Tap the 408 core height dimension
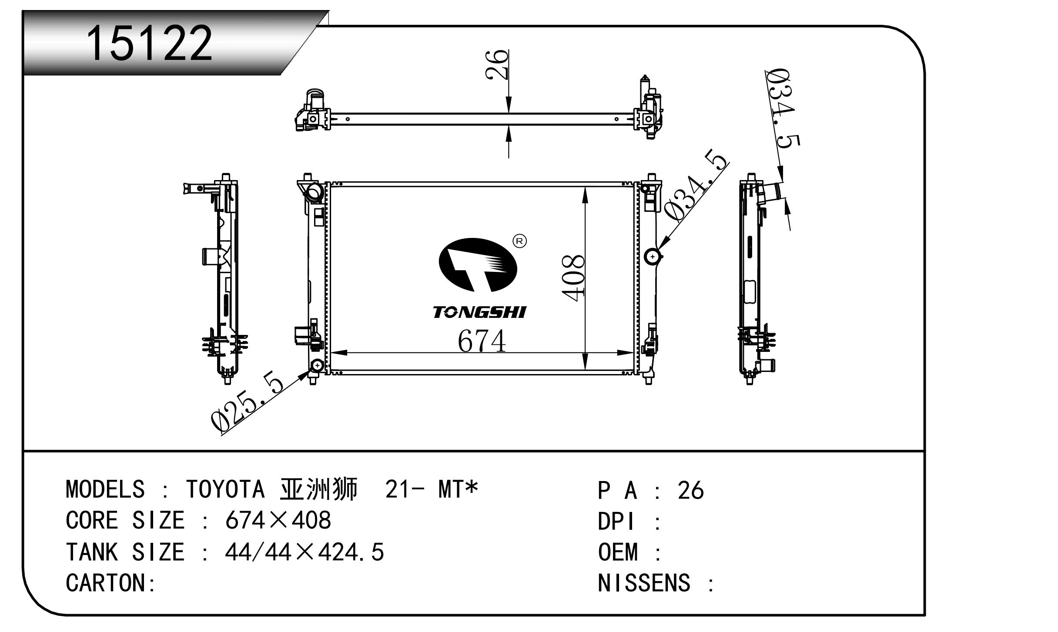pos(573,278)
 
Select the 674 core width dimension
pos(482,341)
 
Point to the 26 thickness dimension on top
pos(497,64)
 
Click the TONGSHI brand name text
pos(479,312)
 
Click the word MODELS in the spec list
pos(105,489)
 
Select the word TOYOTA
pos(225,489)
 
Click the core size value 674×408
pos(278,520)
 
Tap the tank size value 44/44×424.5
pos(305,552)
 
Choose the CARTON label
pos(110,583)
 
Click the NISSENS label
pos(644,583)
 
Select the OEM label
pos(618,552)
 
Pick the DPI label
pos(616,521)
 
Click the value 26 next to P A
pos(690,490)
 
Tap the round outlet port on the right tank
pos(653,257)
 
